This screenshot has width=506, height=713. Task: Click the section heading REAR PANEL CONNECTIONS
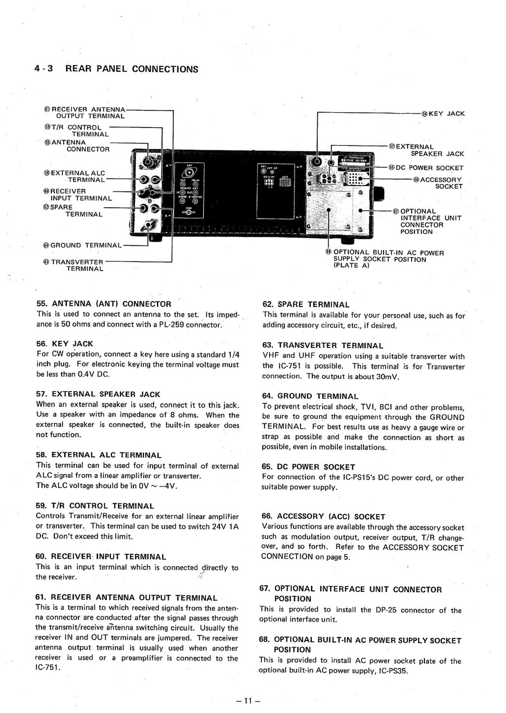[131, 69]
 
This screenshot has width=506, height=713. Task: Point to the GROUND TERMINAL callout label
[85, 245]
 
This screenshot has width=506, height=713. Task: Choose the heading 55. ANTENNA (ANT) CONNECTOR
[104, 304]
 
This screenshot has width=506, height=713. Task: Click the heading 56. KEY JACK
[65, 344]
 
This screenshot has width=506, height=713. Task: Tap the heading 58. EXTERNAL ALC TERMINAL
[99, 455]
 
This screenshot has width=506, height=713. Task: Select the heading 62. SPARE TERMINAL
[306, 305]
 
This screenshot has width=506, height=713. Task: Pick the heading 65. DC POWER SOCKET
[308, 467]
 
